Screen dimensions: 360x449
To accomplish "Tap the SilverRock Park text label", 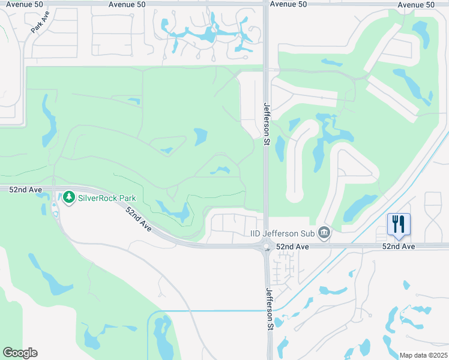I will click(x=107, y=197).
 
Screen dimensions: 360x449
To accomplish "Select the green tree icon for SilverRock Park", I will click(x=69, y=197).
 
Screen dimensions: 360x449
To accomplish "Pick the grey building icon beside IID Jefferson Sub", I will click(x=324, y=232).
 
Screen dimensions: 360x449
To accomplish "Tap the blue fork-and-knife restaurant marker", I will click(x=399, y=225).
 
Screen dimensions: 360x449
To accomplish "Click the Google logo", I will click(x=20, y=353).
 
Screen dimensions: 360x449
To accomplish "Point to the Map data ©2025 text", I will click(x=423, y=355).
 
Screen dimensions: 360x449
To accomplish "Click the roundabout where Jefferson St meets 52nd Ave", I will click(x=265, y=247).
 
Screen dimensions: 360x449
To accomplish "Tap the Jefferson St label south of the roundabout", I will click(x=270, y=307).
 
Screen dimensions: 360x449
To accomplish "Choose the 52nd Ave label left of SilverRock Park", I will click(x=26, y=190).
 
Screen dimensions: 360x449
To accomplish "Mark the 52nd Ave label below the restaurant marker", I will click(x=399, y=247).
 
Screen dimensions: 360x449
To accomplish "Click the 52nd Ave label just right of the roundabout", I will click(x=292, y=247).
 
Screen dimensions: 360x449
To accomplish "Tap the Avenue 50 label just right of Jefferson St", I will click(x=288, y=4).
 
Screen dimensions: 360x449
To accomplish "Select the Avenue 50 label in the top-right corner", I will click(x=415, y=4).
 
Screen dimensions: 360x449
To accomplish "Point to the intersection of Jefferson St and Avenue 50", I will click(x=265, y=4).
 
